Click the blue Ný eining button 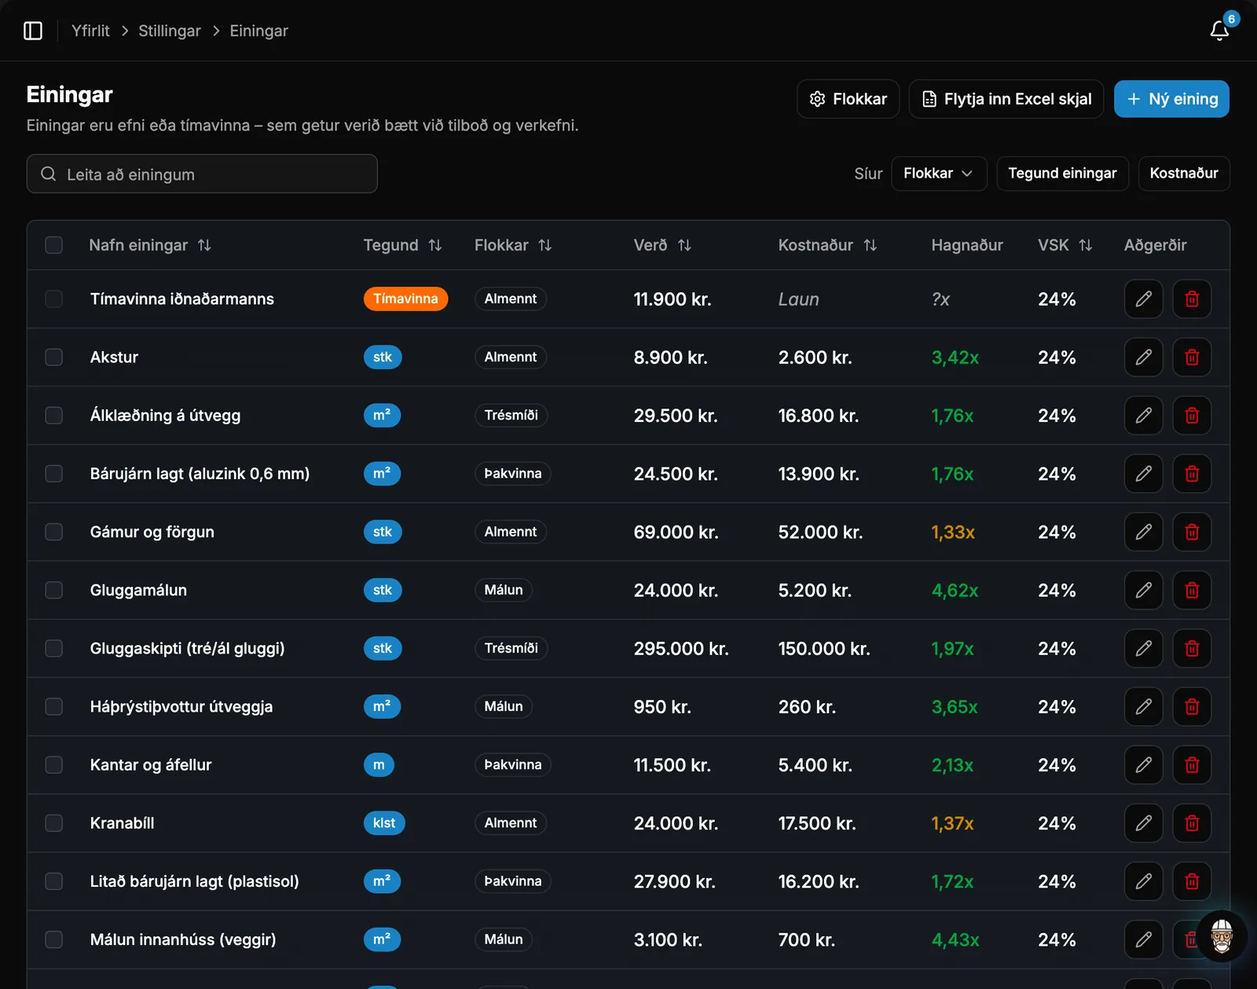pos(1171,99)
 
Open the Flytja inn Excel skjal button pos(1006,99)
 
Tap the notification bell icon pos(1219,31)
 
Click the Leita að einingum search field pos(202,174)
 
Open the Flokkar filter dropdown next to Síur pos(939,174)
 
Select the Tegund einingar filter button pos(1062,174)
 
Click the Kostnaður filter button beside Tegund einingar pos(1184,174)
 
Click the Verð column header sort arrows pos(684,245)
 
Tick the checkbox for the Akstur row pos(53,357)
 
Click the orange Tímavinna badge pos(405,299)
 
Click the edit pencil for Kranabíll pos(1143,823)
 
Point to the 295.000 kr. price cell pos(681,648)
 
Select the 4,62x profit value pos(955,590)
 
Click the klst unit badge pos(383,823)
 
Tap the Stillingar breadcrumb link pos(170,31)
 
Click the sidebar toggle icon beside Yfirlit pos(33,31)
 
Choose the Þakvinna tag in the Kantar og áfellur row pos(512,764)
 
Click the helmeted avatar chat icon pos(1221,936)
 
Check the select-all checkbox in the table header pos(53,245)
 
